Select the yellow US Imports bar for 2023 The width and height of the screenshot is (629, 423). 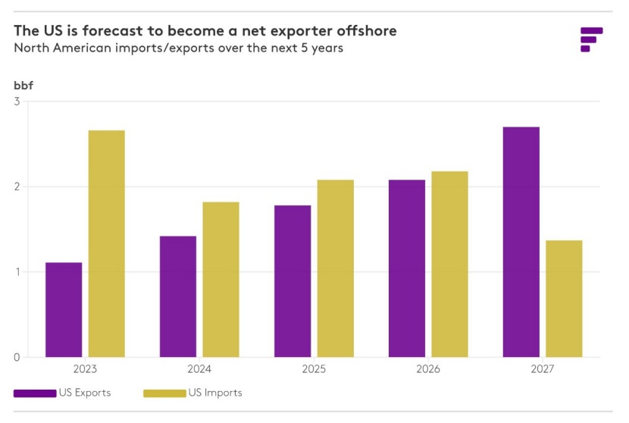pos(107,243)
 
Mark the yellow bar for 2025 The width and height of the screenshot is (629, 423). pos(336,268)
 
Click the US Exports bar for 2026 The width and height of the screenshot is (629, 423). pos(407,268)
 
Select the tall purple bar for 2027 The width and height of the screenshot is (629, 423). pos(521,242)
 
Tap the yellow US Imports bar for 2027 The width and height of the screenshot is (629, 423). pos(564,299)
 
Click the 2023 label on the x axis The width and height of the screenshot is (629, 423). pos(85,369)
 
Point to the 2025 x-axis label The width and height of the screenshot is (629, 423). pos(314,369)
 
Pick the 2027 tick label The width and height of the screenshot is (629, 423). pos(543,369)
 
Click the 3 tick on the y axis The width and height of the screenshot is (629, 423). pos(17,102)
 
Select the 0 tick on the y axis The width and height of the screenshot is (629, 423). pos(17,357)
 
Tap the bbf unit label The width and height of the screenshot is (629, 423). pos(23,84)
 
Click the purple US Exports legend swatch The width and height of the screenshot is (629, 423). pos(35,393)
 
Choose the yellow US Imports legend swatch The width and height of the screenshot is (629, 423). pos(164,393)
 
